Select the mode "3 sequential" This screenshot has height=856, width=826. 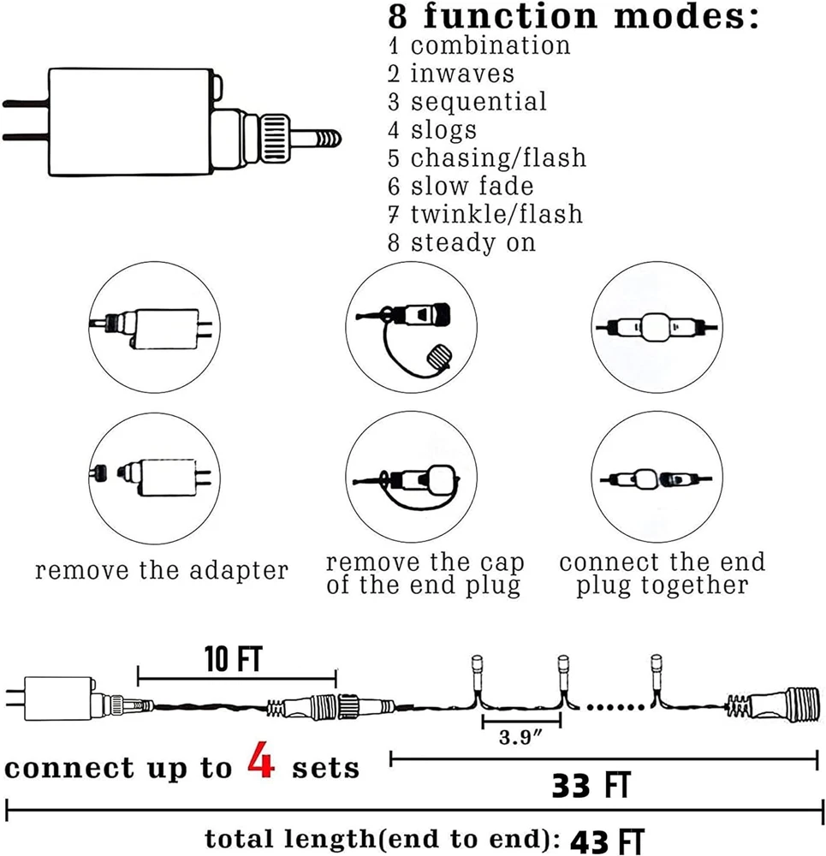tap(466, 101)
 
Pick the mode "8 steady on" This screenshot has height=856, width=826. tap(461, 242)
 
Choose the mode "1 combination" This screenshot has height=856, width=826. tap(478, 45)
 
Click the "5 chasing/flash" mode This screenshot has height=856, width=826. tap(486, 158)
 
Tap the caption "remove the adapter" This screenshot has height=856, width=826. tap(162, 570)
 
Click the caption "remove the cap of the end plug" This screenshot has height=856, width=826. tap(425, 574)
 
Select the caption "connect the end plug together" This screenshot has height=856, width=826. tap(662, 574)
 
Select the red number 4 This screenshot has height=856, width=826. tap(261, 763)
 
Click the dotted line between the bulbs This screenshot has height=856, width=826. tap(611, 707)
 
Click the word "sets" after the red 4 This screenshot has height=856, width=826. tap(326, 768)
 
